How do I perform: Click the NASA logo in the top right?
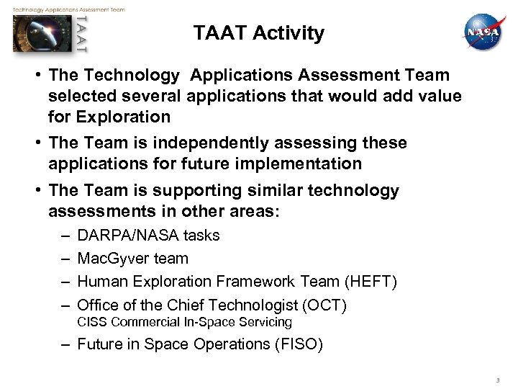(483, 33)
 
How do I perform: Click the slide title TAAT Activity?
(259, 33)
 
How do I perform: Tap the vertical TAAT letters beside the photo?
(82, 34)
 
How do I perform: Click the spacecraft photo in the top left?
(43, 34)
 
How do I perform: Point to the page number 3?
(496, 380)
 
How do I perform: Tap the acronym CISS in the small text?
(91, 322)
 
